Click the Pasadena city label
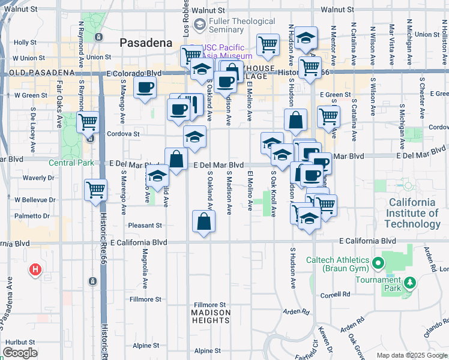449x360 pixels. pos(146,43)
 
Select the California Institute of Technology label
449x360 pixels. pos(413,213)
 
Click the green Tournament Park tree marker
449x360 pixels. pos(410,282)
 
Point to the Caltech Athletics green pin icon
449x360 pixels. pos(378,263)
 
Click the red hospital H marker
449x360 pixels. pos(35,270)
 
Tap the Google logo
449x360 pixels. pos(20,353)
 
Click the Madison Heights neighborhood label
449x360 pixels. pos(211,316)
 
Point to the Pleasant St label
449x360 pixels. pos(146,226)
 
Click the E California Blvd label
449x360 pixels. pos(367,241)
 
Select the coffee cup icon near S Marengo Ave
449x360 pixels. pos(144,88)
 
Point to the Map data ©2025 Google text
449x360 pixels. pos(411,355)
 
